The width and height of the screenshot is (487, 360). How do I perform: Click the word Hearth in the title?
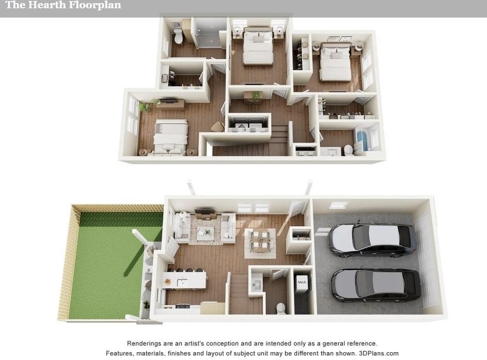47,5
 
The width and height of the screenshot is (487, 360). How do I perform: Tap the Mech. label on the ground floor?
302,282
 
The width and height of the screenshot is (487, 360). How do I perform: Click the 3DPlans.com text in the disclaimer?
379,353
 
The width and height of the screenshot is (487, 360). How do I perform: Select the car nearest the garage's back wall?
372,239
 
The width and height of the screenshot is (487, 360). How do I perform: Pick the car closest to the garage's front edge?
376,286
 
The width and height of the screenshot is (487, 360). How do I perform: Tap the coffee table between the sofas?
205,231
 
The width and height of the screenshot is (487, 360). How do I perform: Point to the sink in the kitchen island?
182,283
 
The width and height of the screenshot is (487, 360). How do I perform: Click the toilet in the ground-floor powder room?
281,308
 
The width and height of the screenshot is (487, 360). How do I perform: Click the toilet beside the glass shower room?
178,36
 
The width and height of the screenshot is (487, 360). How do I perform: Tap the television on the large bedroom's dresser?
169,101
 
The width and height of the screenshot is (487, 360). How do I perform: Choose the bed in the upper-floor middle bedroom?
258,46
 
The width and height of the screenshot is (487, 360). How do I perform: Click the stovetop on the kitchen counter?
183,306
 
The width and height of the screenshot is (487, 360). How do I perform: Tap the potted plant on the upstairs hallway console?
256,96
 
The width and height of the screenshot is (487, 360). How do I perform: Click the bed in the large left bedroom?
170,137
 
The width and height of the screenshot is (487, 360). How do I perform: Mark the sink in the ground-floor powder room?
257,284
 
